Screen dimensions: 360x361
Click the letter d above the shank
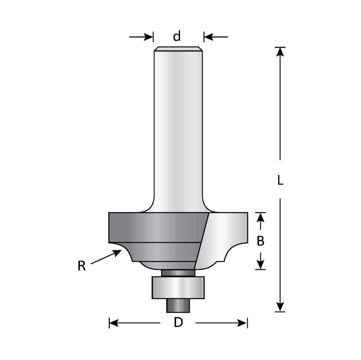tap(177, 37)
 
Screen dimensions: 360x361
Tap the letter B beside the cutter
tap(261, 240)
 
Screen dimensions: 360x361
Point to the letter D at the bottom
tap(178, 323)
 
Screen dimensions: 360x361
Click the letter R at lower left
tap(81, 266)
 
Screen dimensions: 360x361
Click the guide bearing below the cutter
tap(178, 287)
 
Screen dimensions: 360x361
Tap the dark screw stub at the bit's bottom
tap(178, 305)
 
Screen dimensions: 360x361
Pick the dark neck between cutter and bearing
tap(178, 272)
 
